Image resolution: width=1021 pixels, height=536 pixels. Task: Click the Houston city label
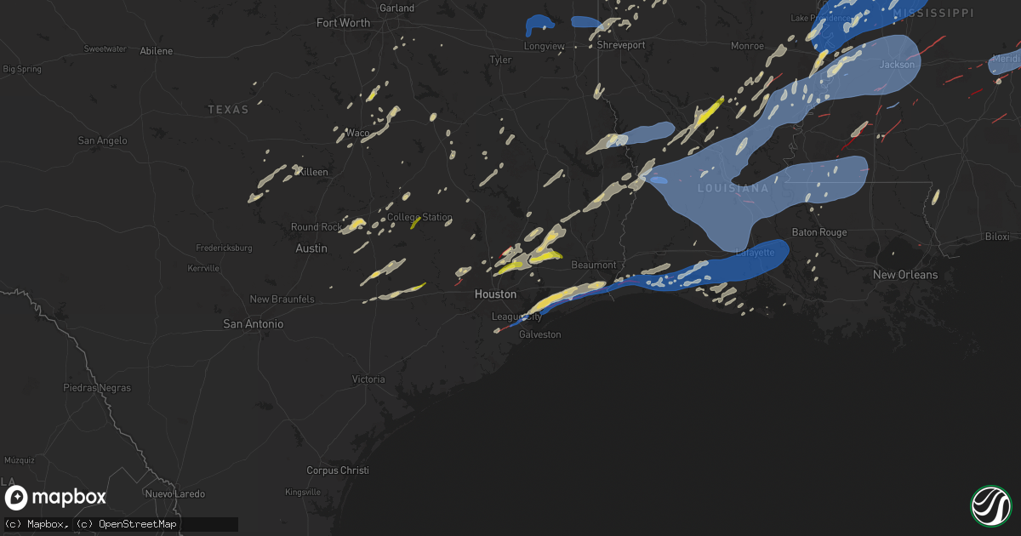495,294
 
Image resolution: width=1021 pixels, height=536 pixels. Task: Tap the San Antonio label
253,324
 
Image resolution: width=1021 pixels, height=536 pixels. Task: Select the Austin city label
311,248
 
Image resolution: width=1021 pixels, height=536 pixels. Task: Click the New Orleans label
905,275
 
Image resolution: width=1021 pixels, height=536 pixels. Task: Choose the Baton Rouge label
819,232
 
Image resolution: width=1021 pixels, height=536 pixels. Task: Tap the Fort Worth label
343,23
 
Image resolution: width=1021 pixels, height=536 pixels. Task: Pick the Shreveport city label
621,45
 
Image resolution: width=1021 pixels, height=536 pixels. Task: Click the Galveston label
540,334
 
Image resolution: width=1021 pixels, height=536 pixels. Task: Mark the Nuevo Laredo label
172,494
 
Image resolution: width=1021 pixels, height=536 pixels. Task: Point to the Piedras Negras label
97,388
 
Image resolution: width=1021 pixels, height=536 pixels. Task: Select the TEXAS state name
229,110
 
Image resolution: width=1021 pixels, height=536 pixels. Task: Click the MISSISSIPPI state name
933,13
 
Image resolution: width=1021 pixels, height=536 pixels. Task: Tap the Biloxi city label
996,237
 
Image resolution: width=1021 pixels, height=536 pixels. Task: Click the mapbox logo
56,498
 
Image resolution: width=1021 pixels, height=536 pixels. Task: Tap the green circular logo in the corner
990,505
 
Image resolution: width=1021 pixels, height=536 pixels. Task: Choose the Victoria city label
368,379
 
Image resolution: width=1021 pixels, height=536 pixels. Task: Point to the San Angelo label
102,140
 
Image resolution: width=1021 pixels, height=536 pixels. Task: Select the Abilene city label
157,51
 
